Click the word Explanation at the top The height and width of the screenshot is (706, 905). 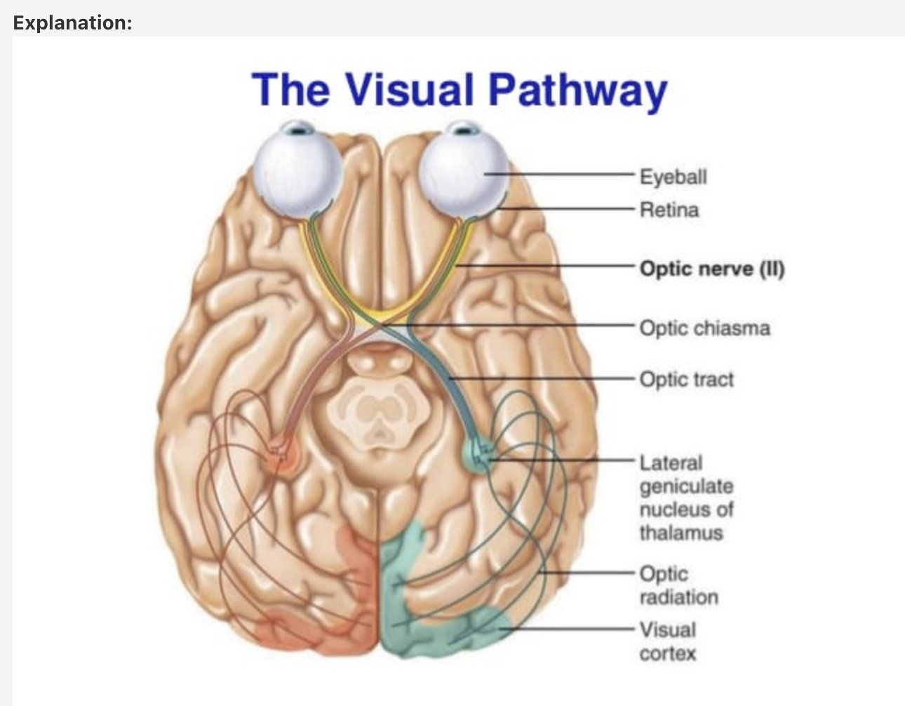pyautogui.click(x=72, y=22)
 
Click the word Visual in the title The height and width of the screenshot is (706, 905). pyautogui.click(x=410, y=90)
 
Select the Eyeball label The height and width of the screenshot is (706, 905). pyautogui.click(x=673, y=176)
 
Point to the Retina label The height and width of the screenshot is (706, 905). pyautogui.click(x=669, y=210)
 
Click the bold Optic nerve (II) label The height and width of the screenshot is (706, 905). pyautogui.click(x=711, y=269)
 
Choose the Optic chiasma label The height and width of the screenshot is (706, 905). pyautogui.click(x=704, y=328)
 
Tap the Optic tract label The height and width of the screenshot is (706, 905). pyautogui.click(x=686, y=379)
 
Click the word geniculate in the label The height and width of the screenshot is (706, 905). pyautogui.click(x=686, y=486)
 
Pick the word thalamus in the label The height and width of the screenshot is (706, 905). pyautogui.click(x=681, y=533)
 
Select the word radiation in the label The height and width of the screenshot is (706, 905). pyautogui.click(x=678, y=597)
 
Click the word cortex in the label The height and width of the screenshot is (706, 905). pyautogui.click(x=667, y=653)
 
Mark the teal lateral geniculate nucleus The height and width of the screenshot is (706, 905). pyautogui.click(x=479, y=453)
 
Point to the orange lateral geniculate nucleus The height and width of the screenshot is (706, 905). pyautogui.click(x=282, y=457)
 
